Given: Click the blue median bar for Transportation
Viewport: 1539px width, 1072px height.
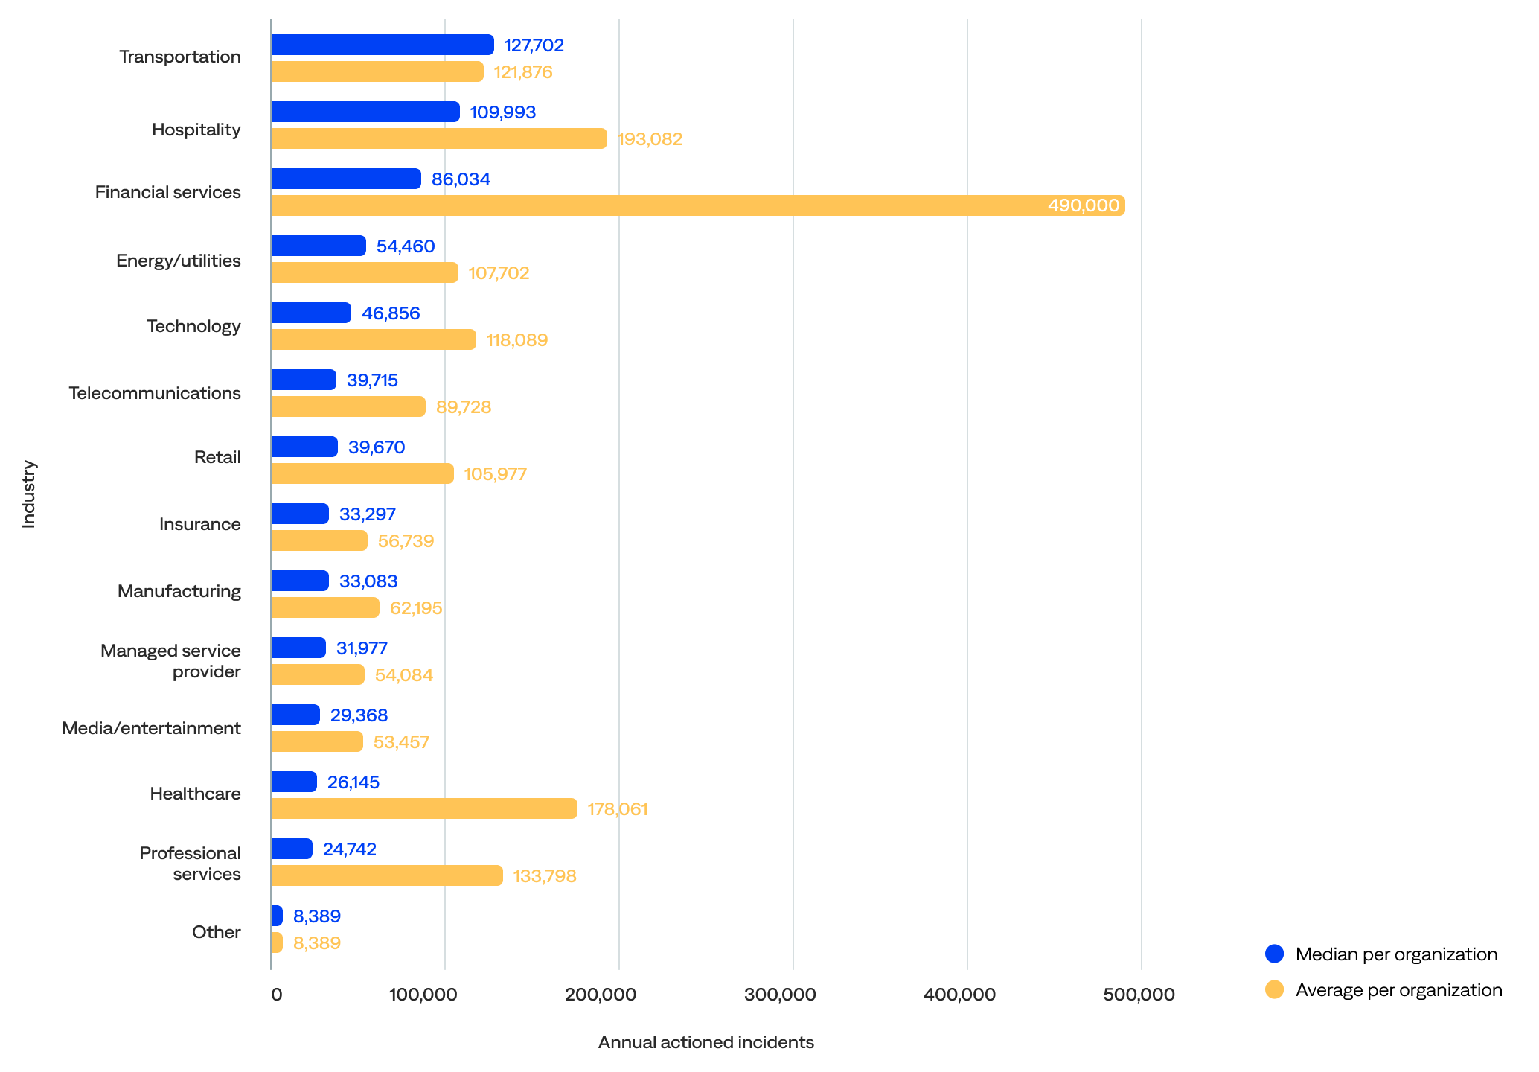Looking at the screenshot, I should point(382,45).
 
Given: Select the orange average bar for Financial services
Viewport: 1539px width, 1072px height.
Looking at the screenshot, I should point(697,205).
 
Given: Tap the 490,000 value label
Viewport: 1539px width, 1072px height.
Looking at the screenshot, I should point(1083,205).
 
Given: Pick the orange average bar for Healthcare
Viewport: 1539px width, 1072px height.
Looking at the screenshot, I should point(423,808).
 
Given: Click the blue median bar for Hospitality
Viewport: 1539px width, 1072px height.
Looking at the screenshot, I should point(365,112).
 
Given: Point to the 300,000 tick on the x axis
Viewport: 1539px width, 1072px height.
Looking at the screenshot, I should point(780,995).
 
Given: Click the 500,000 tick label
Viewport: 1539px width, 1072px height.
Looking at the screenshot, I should point(1139,995).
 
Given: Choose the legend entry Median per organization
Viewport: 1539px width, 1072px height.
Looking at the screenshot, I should point(1395,954).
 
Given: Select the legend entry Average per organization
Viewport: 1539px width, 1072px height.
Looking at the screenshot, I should point(1398,990).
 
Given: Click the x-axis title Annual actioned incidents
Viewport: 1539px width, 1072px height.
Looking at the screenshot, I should point(705,1042).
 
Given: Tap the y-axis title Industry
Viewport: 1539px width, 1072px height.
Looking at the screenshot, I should point(28,494).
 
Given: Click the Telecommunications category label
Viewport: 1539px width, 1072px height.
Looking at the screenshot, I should point(155,393).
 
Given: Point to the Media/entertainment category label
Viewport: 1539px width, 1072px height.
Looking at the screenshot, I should point(151,728).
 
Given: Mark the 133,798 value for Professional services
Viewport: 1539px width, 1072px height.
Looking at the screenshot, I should point(545,876).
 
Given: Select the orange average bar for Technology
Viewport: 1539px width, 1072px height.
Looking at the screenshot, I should point(373,339).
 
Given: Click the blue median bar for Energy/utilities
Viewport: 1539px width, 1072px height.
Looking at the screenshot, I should point(318,246).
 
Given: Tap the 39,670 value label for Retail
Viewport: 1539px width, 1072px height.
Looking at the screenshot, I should point(377,447).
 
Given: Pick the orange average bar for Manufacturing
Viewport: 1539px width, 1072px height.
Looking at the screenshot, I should point(324,607).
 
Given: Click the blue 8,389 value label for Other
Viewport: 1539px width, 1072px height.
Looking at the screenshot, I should point(317,916).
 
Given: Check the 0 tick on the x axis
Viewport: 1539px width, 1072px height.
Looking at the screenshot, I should point(276,995).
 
